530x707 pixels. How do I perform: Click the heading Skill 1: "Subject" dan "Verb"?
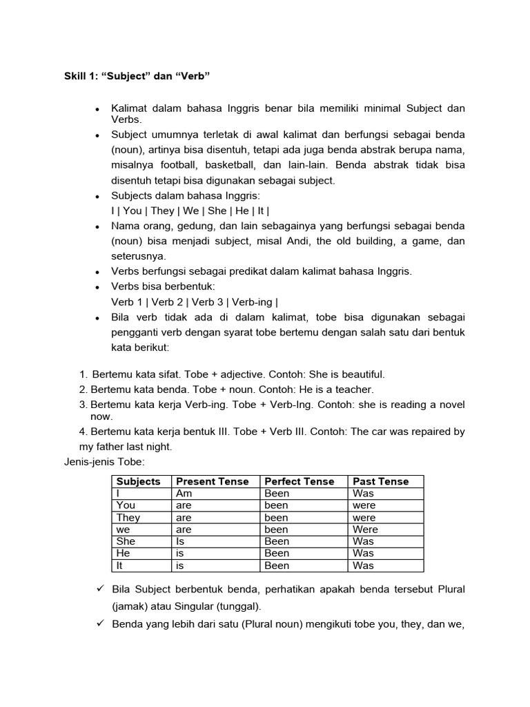pos(137,76)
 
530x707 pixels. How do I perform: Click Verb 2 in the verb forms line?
pos(166,302)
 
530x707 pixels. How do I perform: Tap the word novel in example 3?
pos(449,405)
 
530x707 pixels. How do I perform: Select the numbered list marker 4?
pos(83,432)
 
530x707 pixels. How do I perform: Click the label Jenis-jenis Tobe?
pos(104,462)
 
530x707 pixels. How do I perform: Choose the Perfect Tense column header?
pos(299,481)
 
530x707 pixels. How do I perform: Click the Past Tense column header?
pos(380,481)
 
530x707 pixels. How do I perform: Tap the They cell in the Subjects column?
pos(128,517)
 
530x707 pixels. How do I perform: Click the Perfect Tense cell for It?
pos(277,565)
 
